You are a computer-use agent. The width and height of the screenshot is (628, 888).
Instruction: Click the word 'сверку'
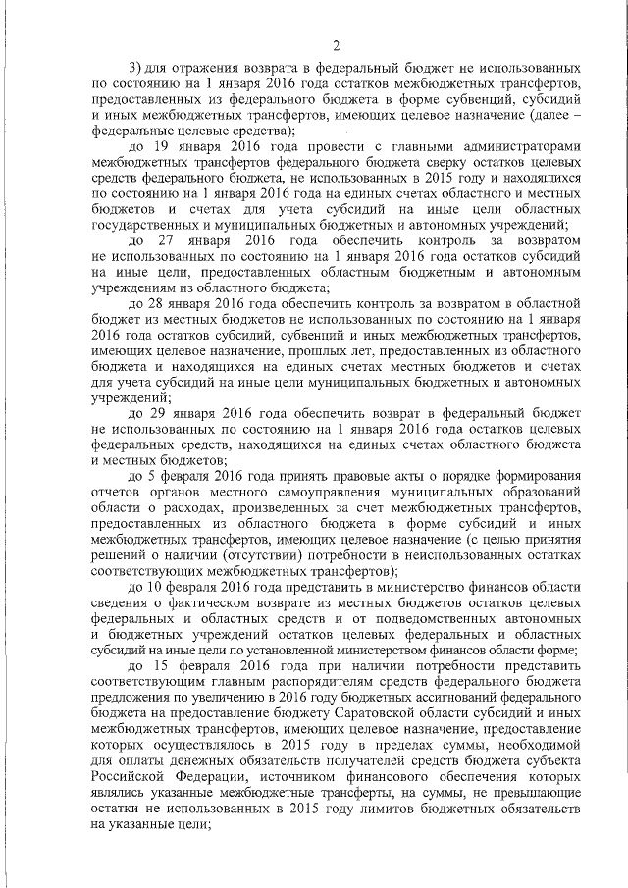[x=371, y=160]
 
